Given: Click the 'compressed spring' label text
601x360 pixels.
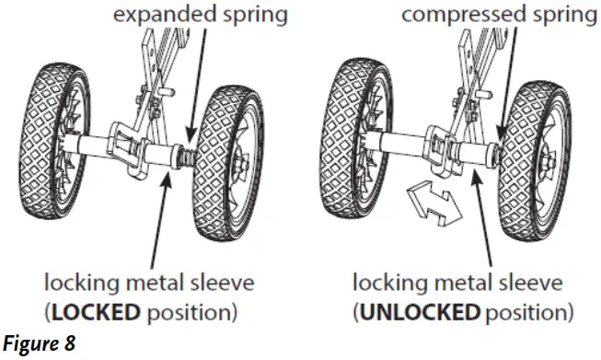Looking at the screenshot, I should [492, 15].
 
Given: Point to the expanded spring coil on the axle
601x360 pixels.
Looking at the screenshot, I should [188, 157].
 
